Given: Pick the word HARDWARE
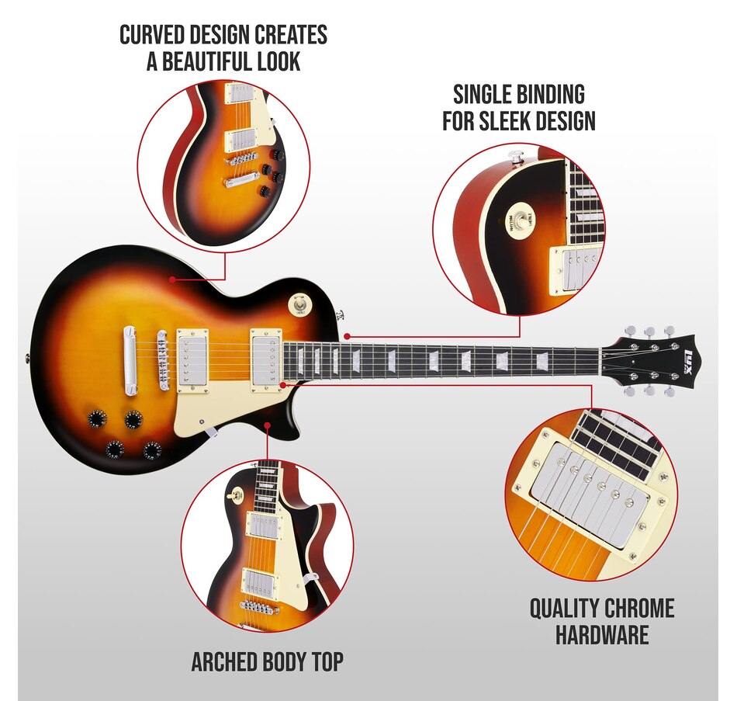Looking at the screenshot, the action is (x=602, y=634).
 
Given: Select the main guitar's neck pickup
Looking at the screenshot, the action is (x=267, y=359).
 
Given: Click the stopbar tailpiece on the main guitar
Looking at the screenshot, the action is (x=129, y=360).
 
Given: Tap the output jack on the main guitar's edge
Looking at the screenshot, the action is (x=26, y=359).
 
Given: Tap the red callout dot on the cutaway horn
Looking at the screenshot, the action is (x=268, y=425).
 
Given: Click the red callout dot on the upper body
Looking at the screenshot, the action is (x=172, y=279).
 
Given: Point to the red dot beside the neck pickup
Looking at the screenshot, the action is (x=282, y=384).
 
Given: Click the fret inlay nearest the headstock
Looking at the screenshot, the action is (x=543, y=360).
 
